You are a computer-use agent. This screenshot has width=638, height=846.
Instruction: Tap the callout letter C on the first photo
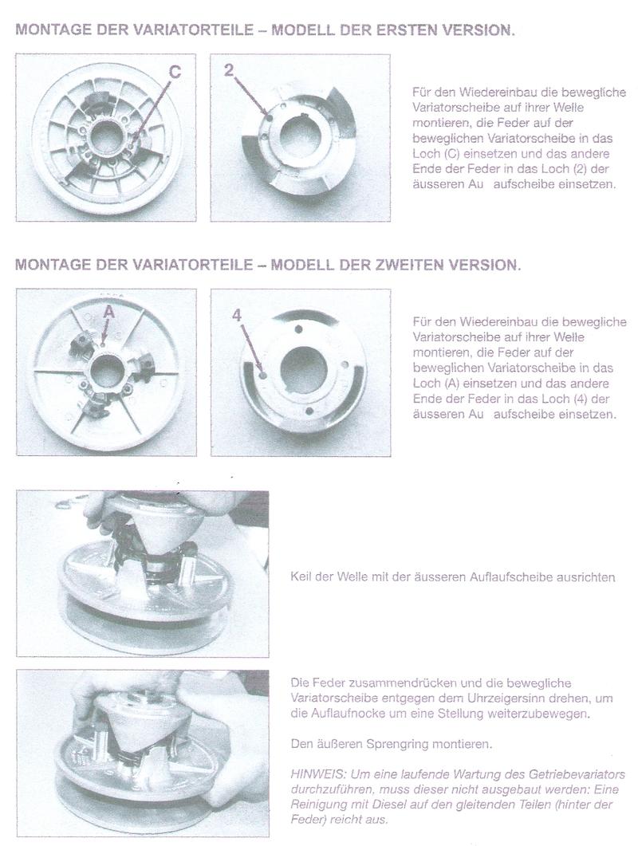(175, 72)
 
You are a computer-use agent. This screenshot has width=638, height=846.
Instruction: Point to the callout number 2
(230, 69)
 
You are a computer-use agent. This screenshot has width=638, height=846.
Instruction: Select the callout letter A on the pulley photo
(110, 313)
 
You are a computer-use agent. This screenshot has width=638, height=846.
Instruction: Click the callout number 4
(236, 315)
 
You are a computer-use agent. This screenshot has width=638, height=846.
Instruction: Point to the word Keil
(302, 577)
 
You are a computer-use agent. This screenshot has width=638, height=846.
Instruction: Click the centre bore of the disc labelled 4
(304, 372)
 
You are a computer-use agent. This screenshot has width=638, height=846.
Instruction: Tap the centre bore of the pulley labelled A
(107, 371)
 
